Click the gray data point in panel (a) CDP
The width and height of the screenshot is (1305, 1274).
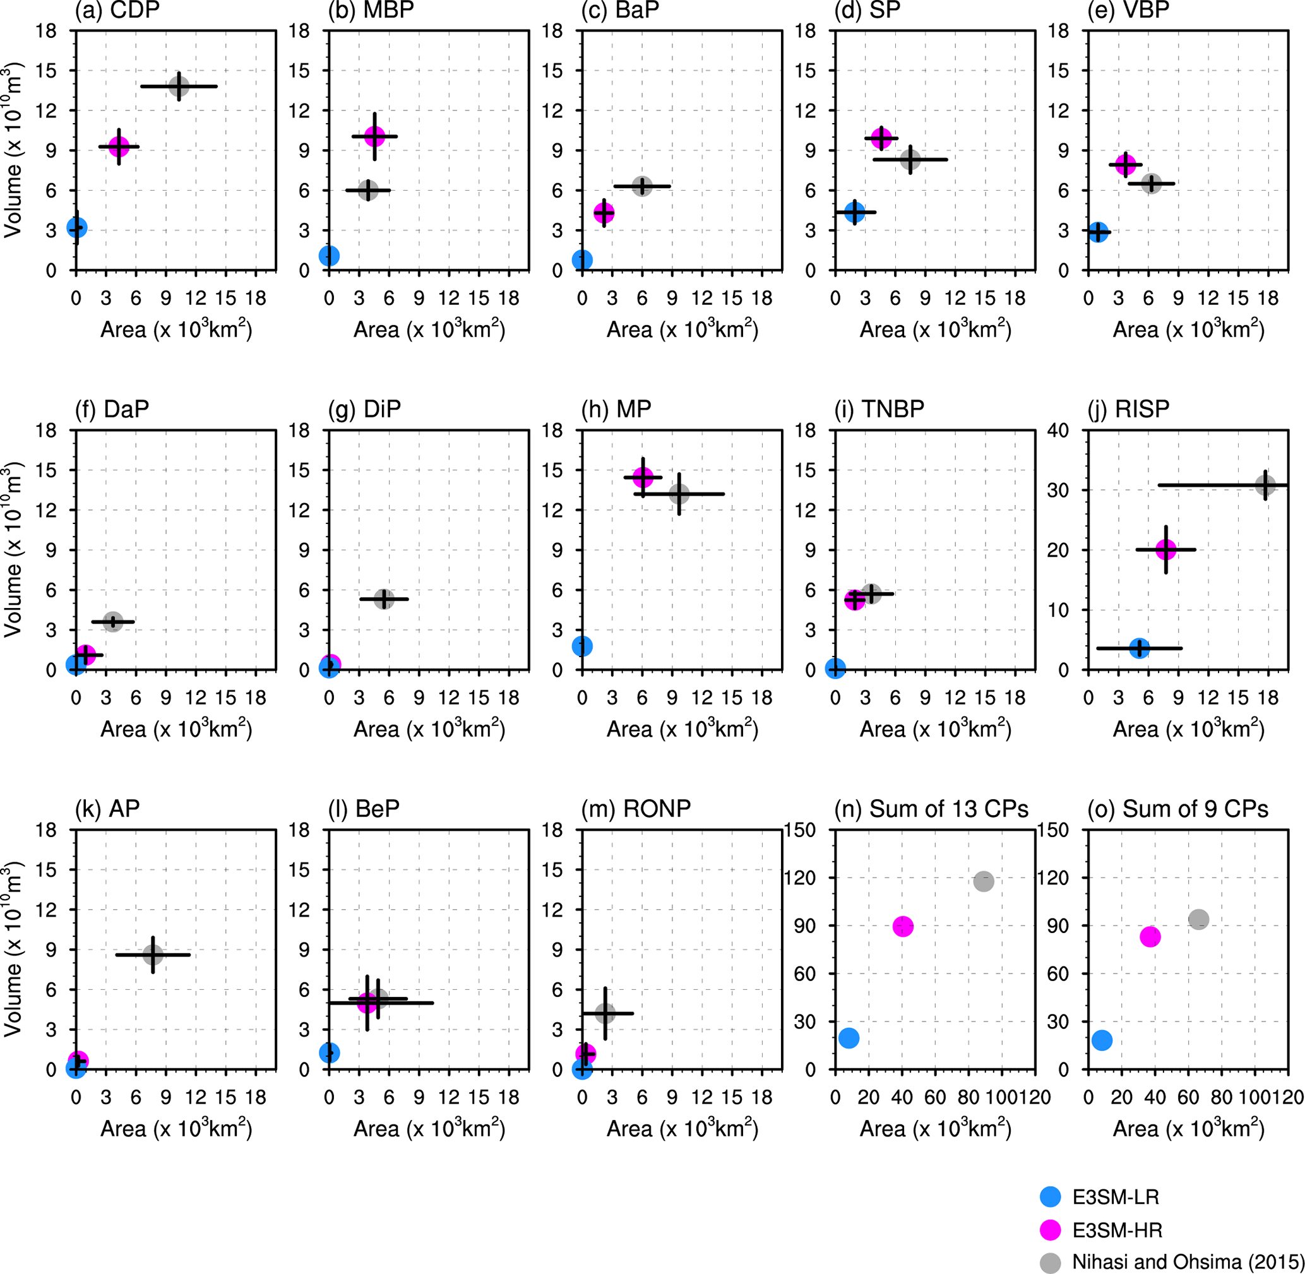pos(179,86)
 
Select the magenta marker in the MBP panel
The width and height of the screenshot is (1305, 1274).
pos(375,136)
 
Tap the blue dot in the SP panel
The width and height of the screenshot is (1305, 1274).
pos(855,212)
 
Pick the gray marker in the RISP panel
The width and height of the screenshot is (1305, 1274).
pos(1265,485)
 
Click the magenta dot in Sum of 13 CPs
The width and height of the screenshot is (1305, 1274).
pos(903,926)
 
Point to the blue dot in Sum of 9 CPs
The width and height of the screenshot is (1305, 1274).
pos(1102,1040)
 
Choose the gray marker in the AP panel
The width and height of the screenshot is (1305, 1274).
pos(153,955)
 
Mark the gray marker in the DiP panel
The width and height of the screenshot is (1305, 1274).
pos(383,599)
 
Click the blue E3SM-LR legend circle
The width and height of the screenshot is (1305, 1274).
pos(1050,1196)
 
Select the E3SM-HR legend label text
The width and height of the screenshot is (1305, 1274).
pos(1117,1230)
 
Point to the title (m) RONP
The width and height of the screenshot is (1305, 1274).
pos(636,808)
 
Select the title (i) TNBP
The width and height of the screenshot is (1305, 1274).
pos(879,409)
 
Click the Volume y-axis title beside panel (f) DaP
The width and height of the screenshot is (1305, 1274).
pos(13,550)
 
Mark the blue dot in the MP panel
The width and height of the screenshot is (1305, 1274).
pos(582,646)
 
